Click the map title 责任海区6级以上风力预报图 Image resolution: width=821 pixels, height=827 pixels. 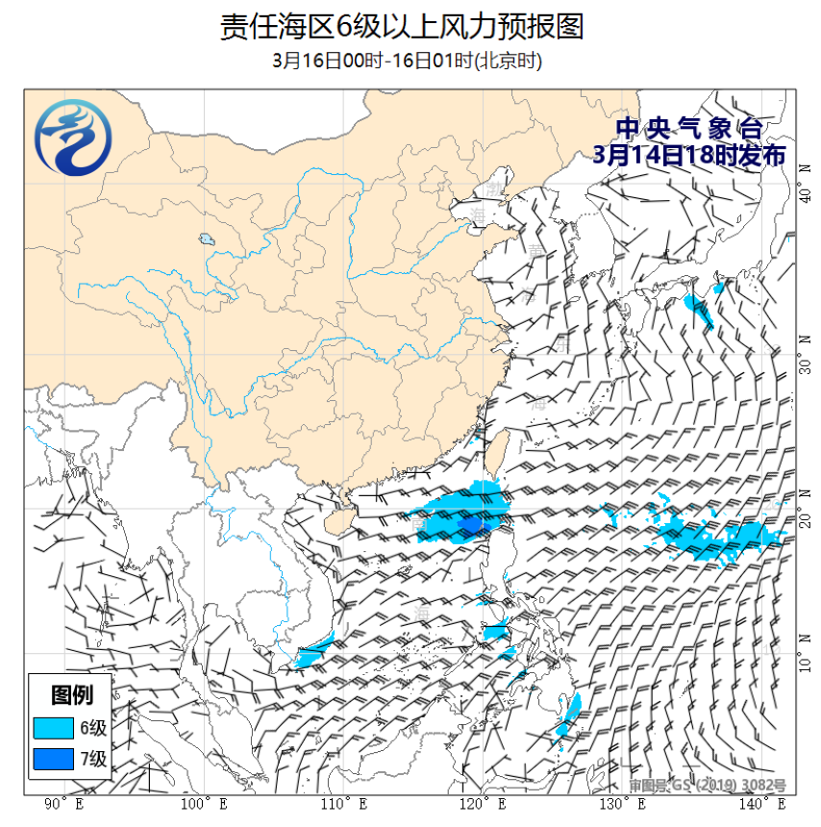[402, 26]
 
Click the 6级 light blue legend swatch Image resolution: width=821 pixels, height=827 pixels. [54, 726]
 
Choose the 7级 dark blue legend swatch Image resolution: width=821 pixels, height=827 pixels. [54, 760]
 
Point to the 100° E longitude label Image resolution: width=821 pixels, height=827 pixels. [205, 803]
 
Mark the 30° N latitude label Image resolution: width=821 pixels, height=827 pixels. [806, 360]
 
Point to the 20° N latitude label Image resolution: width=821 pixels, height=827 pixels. [806, 515]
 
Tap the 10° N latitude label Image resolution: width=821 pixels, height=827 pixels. [806, 663]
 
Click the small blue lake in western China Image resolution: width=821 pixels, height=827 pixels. [206, 239]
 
